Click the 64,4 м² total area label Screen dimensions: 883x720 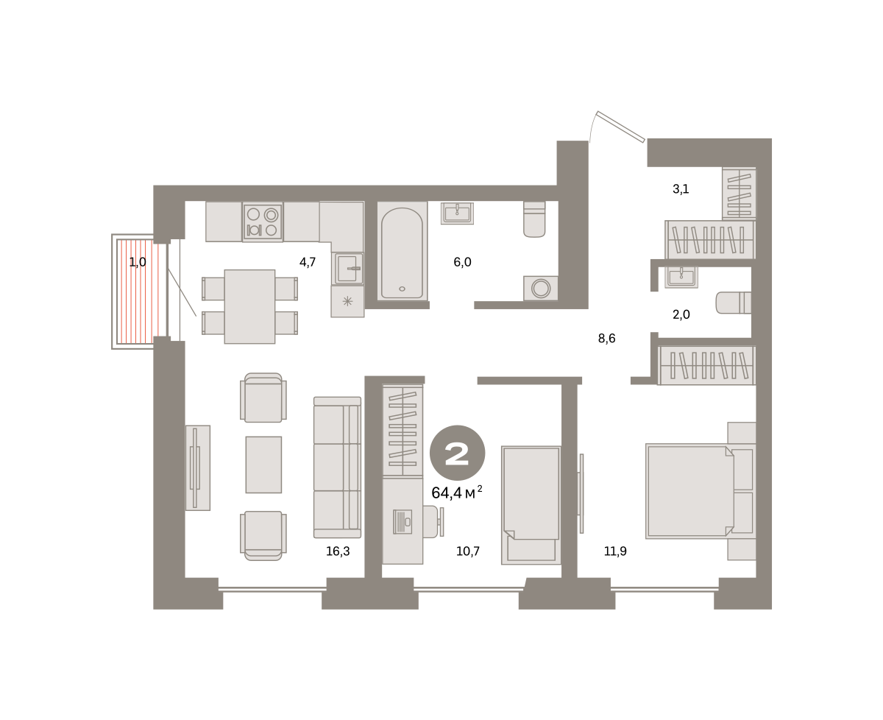456,493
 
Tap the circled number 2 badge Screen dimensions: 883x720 457,453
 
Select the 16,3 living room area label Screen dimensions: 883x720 338,551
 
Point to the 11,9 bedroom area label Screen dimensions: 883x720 615,551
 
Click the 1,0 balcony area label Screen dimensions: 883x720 138,262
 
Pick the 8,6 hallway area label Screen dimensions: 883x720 606,339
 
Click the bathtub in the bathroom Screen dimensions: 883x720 402,252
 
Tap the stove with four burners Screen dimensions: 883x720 263,222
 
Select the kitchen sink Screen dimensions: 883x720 348,268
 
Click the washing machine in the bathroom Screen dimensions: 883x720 541,288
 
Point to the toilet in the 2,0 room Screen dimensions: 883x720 733,303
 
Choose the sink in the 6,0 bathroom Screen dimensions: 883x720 457,213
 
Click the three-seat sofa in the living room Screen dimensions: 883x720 337,467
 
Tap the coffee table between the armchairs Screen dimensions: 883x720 263,465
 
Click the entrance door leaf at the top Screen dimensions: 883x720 620,127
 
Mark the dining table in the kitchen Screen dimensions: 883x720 249,306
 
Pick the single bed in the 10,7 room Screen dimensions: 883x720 531,505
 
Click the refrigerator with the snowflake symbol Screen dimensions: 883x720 347,302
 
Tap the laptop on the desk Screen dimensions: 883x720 402,522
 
